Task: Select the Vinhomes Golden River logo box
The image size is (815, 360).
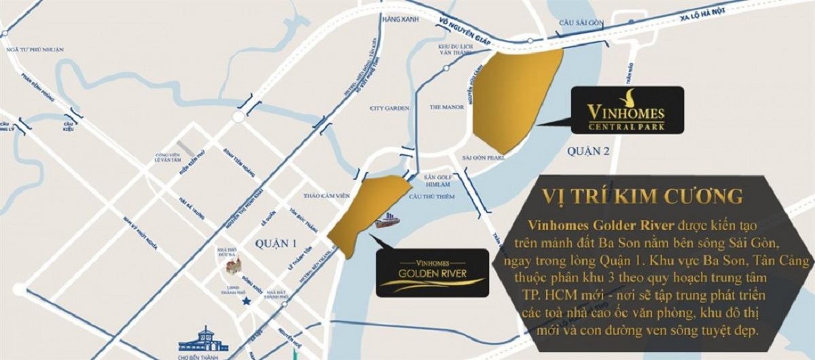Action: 432,273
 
